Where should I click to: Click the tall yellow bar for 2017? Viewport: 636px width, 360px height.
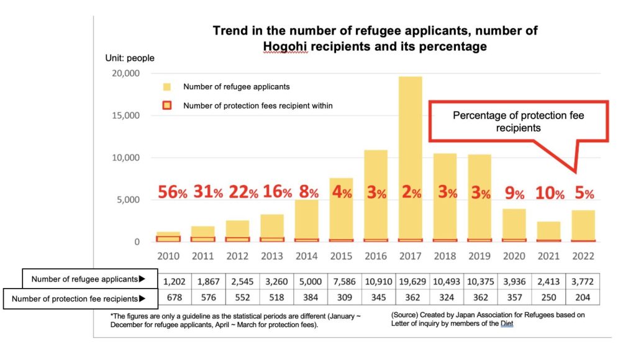411,155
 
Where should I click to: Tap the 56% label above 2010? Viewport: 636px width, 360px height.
171,192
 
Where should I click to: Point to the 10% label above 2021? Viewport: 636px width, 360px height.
549,193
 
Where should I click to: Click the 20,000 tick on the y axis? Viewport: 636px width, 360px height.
127,73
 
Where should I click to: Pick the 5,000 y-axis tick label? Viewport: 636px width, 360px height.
129,200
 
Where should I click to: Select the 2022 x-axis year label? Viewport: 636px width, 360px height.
584,256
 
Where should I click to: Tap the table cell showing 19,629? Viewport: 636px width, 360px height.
411,280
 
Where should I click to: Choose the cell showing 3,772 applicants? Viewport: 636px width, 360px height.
584,280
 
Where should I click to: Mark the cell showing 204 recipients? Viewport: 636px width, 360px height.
584,298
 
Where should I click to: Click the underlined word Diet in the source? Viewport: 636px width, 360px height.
507,323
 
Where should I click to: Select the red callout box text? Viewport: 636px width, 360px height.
518,121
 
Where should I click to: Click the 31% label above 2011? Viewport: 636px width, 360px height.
208,192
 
